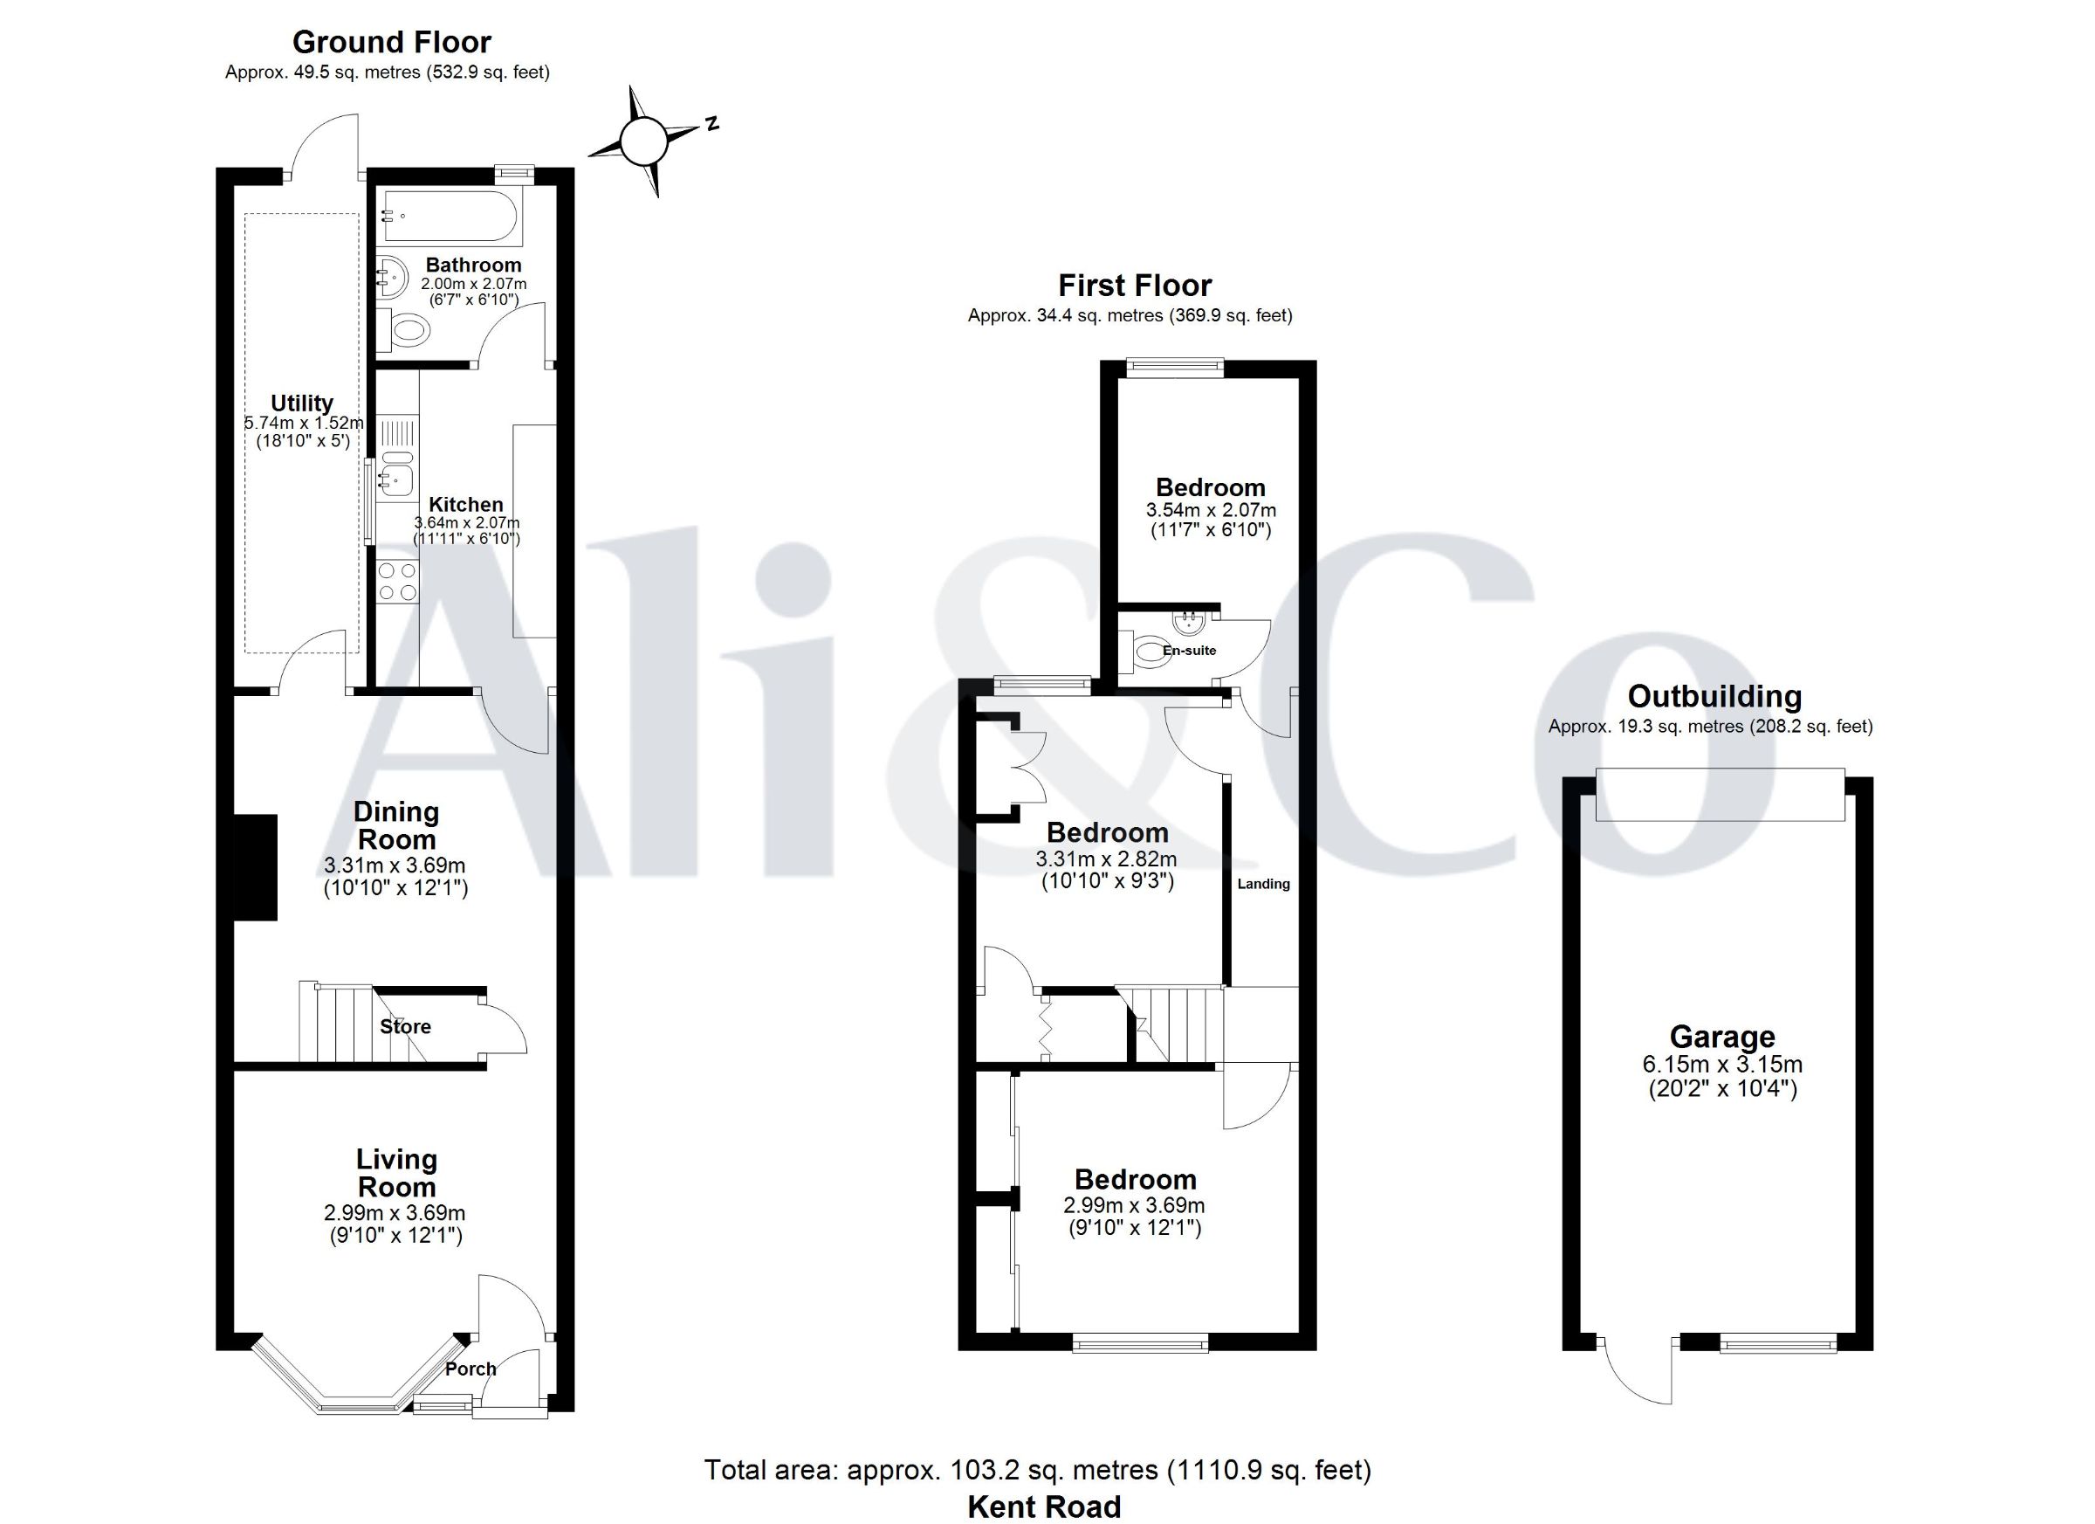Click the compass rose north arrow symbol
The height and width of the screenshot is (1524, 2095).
pos(643,141)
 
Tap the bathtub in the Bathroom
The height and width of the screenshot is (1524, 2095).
pos(453,218)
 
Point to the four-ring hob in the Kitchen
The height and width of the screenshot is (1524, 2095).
pos(398,583)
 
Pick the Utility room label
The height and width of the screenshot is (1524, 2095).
pos(302,403)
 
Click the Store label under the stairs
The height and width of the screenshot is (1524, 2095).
pos(406,1027)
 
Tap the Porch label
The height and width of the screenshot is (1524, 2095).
pos(471,1369)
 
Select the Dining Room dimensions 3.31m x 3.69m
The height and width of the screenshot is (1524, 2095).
pos(395,866)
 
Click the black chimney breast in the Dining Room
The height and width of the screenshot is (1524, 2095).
pos(255,867)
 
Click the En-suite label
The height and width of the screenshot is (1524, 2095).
pos(1189,651)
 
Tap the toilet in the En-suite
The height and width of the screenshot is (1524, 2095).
pos(1145,652)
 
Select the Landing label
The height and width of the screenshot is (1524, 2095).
pos(1264,885)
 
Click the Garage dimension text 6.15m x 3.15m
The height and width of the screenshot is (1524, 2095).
pos(1721,1064)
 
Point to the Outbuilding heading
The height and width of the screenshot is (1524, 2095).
pos(1714,696)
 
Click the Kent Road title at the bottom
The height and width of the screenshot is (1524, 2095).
pos(1044,1507)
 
